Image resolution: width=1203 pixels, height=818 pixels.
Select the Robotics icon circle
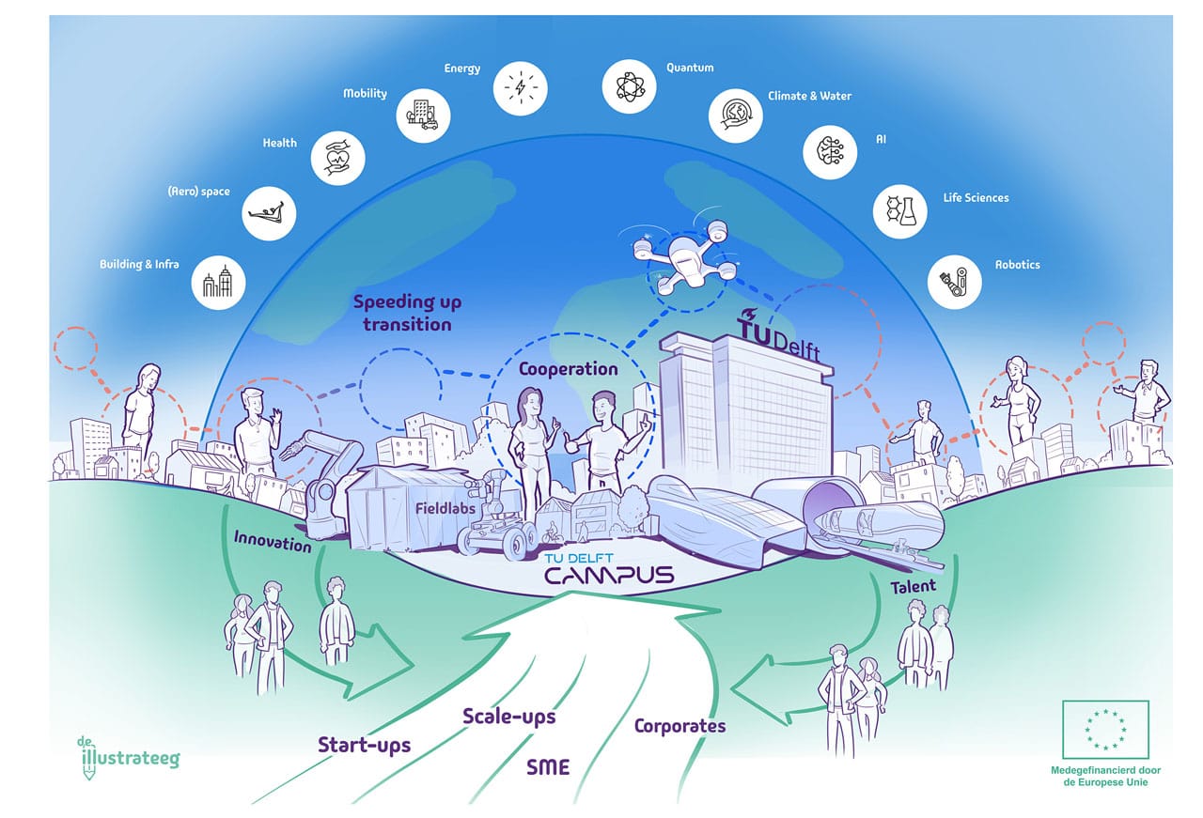point(955,280)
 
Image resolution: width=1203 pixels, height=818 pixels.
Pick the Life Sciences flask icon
point(900,211)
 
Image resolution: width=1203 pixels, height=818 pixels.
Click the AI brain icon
point(831,152)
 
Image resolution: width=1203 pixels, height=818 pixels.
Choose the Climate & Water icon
point(736,116)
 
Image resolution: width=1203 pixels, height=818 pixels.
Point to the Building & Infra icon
point(218,282)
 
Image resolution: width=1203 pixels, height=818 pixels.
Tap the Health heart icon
point(337,155)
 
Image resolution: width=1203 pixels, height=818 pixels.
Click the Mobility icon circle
point(422,115)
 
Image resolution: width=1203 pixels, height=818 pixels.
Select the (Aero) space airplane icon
point(269,211)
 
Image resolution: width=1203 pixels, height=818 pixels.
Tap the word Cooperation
point(569,369)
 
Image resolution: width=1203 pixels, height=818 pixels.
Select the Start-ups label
point(365,745)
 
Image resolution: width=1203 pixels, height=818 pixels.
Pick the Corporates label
point(680,725)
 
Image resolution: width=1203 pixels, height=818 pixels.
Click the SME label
point(548,767)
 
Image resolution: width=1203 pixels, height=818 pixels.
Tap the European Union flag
point(1105,729)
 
